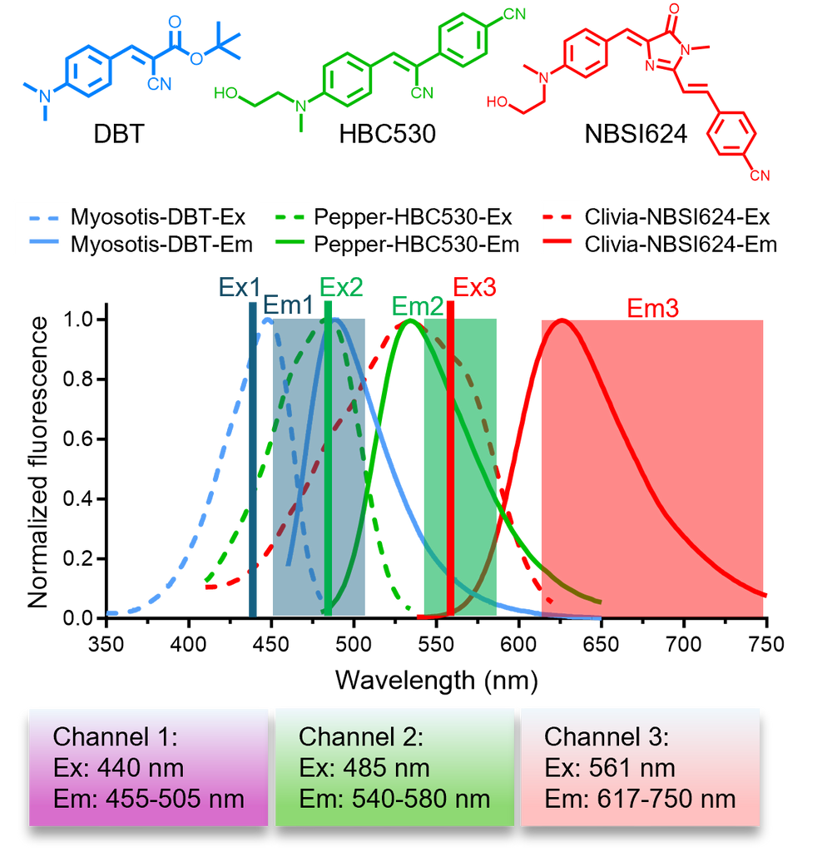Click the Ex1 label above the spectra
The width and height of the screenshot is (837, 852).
tap(239, 288)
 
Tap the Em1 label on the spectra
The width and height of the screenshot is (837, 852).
tap(288, 305)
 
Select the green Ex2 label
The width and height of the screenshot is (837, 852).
tap(342, 288)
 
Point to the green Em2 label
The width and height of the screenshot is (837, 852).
tap(417, 306)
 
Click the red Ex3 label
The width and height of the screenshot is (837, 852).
tap(475, 288)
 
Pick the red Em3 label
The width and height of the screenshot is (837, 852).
tap(652, 307)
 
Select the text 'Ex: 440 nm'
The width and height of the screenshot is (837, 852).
tap(118, 768)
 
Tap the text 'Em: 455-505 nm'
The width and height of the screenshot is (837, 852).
tap(149, 800)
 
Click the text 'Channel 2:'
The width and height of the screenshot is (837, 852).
tap(361, 737)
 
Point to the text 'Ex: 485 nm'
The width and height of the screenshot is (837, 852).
tap(364, 768)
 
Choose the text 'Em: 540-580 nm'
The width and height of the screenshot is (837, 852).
tap(394, 800)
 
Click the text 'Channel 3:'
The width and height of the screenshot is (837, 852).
tap(607, 737)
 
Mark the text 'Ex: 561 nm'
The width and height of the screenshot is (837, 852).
tap(610, 768)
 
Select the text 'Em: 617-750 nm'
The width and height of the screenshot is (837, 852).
tap(640, 800)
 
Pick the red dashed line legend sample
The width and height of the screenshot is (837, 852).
tap(556, 219)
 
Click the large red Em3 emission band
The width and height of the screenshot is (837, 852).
tap(651, 466)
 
